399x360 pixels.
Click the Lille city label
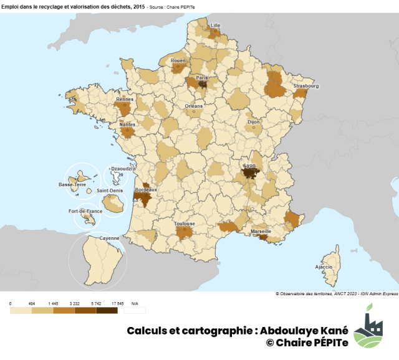point(216,26)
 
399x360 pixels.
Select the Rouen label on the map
point(178,60)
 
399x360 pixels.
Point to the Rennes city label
point(125,98)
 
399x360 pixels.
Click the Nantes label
point(127,124)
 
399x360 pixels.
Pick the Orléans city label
point(194,106)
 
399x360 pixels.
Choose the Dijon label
point(254,123)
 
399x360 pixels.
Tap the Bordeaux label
point(146,189)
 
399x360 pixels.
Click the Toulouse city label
point(185,224)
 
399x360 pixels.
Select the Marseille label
point(261,231)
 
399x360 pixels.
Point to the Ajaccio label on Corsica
point(324,267)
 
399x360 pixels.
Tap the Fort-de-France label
point(85,211)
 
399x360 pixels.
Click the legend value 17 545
point(115,303)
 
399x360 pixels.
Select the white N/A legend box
point(135,310)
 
